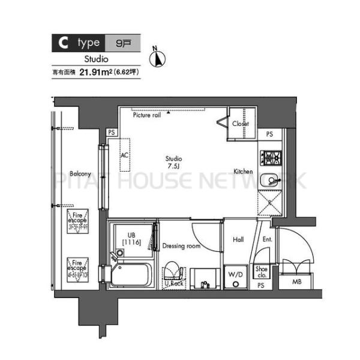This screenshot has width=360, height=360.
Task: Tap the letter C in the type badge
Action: click(x=62, y=43)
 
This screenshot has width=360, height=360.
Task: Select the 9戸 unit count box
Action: click(x=123, y=43)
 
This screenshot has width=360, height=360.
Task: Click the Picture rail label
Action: click(x=147, y=115)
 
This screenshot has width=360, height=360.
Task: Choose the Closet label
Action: click(x=241, y=124)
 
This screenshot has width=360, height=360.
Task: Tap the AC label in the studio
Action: click(x=125, y=155)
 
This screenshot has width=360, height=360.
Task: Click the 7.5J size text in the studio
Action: click(x=173, y=166)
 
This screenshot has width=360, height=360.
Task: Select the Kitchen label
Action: click(x=243, y=172)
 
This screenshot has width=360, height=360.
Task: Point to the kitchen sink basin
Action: click(x=270, y=179)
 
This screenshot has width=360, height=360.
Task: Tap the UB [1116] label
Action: click(x=131, y=238)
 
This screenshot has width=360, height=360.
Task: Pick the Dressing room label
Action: click(x=181, y=246)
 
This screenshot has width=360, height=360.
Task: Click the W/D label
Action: click(x=235, y=275)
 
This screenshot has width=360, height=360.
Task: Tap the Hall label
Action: click(x=238, y=240)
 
